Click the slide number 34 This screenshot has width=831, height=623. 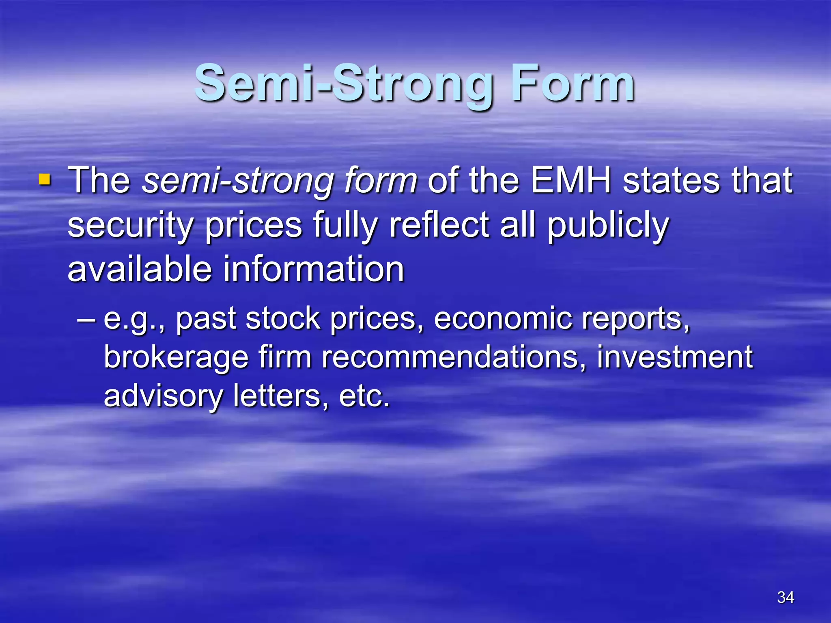click(x=786, y=597)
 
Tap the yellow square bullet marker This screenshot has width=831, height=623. click(x=44, y=180)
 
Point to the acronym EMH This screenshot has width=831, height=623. click(x=571, y=180)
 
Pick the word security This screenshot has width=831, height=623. click(x=130, y=226)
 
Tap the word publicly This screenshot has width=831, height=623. click(x=608, y=226)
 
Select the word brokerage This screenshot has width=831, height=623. click(x=176, y=358)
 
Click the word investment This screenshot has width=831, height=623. click(x=675, y=357)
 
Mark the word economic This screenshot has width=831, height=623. click(x=503, y=319)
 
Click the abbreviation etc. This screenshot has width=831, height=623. click(x=364, y=396)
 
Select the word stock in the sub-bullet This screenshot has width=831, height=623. click(x=283, y=319)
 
